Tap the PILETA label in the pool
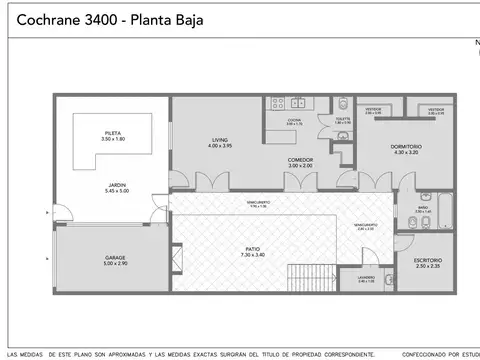(x=113, y=133)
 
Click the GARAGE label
(x=115, y=257)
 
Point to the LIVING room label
(x=220, y=140)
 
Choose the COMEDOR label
(x=301, y=159)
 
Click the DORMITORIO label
(x=406, y=146)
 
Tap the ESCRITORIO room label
(x=427, y=260)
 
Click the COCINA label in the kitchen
(x=294, y=120)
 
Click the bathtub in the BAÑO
(x=446, y=210)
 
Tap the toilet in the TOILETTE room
(x=343, y=103)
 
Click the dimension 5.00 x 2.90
(x=115, y=263)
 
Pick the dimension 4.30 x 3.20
(x=406, y=152)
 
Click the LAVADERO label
(x=366, y=277)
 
